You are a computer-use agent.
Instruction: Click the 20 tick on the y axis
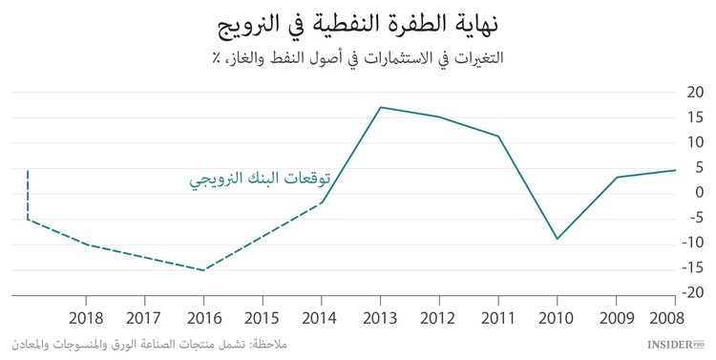click(x=695, y=93)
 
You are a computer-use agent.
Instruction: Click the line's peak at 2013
click(x=381, y=107)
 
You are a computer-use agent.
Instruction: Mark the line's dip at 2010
click(x=558, y=239)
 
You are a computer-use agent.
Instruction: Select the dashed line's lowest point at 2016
click(x=202, y=269)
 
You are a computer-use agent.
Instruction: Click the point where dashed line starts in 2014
click(x=322, y=202)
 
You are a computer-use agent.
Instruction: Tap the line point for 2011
click(x=498, y=136)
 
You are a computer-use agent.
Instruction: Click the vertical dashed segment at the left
click(x=28, y=196)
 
